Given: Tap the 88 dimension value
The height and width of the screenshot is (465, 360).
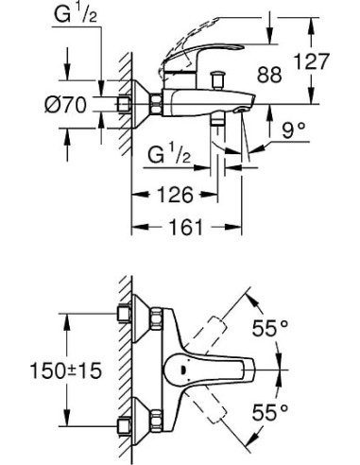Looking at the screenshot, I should coord(270,75).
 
